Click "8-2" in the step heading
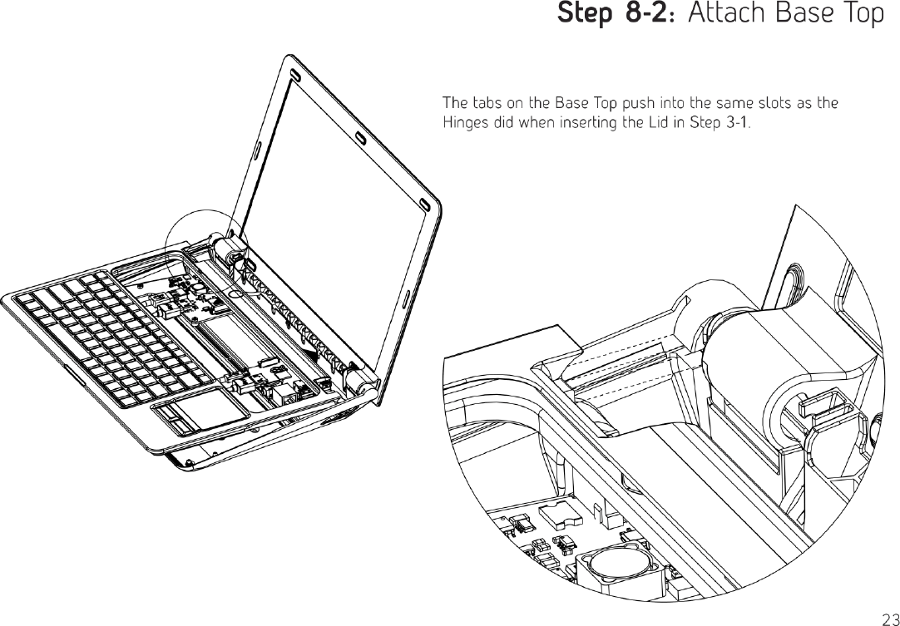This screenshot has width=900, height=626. tap(645, 14)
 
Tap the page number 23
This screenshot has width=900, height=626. tap(888, 617)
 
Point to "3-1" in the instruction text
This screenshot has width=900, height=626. tap(735, 124)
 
